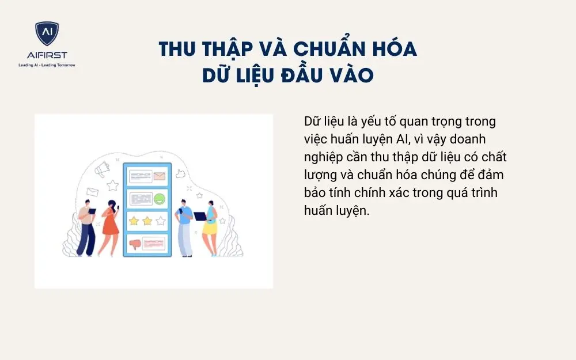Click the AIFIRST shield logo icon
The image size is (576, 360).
click(47, 34)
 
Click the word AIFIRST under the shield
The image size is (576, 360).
click(47, 55)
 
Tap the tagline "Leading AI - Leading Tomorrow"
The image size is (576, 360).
click(47, 65)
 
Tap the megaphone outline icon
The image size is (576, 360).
click(104, 168)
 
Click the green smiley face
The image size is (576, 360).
click(160, 199)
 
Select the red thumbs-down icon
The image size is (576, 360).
click(135, 244)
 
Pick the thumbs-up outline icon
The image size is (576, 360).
click(180, 173)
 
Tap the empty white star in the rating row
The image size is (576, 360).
click(160, 221)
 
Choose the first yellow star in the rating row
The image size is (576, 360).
click(134, 221)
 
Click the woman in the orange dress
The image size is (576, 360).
click(109, 225)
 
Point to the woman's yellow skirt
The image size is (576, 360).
click(210, 228)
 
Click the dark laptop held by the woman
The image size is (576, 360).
click(200, 217)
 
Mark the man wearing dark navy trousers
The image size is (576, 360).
click(85, 228)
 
